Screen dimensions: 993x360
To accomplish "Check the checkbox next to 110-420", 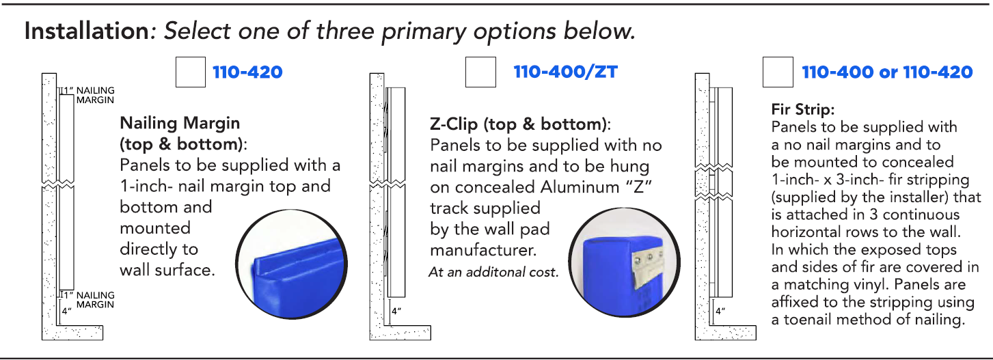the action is [x=191, y=72].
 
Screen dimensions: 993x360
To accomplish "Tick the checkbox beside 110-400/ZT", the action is [x=480, y=72].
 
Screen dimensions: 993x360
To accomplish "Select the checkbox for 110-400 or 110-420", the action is [x=778, y=72].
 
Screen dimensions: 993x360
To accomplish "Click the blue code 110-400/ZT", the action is [x=565, y=72].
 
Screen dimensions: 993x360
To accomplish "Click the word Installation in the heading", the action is [x=87, y=31].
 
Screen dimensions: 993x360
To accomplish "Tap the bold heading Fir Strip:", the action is [x=803, y=109].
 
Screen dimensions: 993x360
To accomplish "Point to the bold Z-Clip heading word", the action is [x=454, y=124].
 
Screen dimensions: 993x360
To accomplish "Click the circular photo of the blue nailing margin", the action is [x=291, y=264].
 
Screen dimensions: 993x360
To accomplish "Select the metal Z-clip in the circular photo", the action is [x=648, y=266].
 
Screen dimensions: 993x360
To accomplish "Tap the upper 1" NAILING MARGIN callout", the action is [x=89, y=95].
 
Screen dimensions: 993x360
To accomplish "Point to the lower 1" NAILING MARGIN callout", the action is [x=89, y=300].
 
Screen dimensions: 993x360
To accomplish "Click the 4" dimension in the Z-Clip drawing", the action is [x=396, y=311].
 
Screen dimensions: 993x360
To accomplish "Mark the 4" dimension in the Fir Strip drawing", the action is [x=720, y=311].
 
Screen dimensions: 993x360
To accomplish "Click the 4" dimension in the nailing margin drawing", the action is [x=66, y=311].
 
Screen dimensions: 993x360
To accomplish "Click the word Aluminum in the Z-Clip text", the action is [x=580, y=187].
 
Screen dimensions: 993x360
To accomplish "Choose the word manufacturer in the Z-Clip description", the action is [x=483, y=250].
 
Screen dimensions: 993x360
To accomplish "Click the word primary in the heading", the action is [x=424, y=32].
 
